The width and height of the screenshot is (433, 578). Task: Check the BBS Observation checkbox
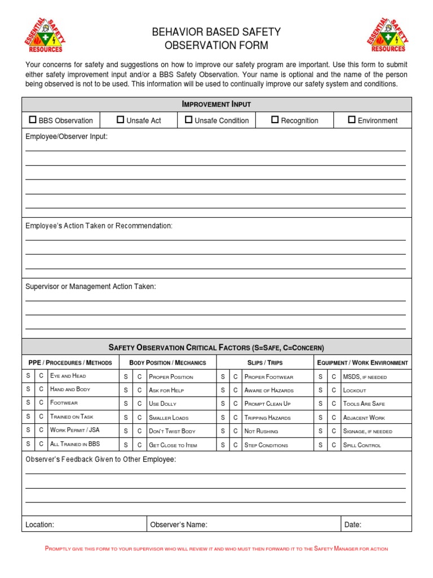pos(33,120)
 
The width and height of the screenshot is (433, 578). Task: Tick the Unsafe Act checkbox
pos(120,120)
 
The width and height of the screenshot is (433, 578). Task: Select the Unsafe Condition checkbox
pos(189,120)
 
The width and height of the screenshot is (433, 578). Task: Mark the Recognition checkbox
pos(275,120)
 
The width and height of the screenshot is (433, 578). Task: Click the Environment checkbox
pos(352,120)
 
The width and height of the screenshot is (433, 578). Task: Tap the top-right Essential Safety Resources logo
pos(386,35)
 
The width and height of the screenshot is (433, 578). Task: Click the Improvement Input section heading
pos(216,104)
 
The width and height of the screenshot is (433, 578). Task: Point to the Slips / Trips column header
pos(265,362)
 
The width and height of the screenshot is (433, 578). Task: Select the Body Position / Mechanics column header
pos(167,362)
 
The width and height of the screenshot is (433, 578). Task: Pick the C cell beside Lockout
pos(334,390)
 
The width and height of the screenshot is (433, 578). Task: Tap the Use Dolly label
pos(163,404)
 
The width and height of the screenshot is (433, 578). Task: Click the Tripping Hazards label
pos(268,418)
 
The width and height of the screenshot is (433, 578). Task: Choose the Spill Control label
pos(362,445)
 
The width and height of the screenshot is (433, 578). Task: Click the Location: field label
pos(40,525)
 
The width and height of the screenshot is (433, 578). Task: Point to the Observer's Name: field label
pos(179,525)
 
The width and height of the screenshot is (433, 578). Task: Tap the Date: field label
pos(353,525)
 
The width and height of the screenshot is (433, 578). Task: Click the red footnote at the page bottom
pos(216,549)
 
